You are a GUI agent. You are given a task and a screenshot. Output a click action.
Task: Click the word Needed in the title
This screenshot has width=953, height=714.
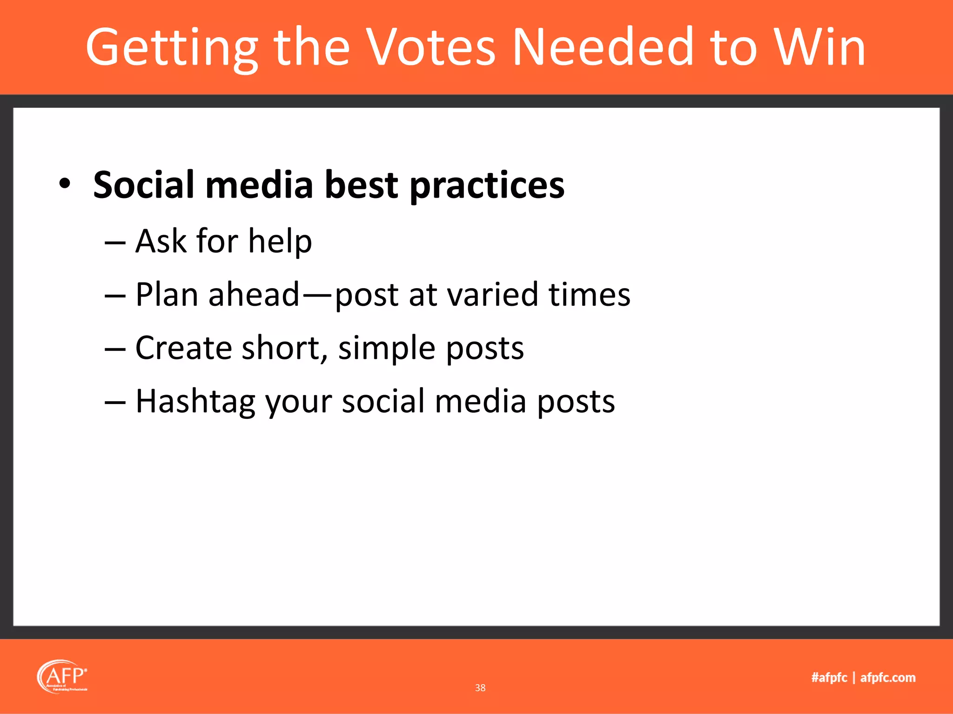click(x=603, y=47)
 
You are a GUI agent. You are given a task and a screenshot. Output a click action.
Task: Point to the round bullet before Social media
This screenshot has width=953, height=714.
click(x=65, y=184)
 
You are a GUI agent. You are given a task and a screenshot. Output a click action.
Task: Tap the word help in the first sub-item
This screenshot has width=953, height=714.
click(x=280, y=242)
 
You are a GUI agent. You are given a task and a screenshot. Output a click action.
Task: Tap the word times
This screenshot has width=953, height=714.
click(x=589, y=295)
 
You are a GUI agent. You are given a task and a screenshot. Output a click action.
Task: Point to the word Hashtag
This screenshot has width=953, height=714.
click(x=195, y=402)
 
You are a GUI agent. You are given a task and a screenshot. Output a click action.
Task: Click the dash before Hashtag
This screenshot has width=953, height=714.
click(x=114, y=402)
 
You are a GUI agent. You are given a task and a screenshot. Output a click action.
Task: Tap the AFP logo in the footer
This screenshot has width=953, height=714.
click(x=62, y=677)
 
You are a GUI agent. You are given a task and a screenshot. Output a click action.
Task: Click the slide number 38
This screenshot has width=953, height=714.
click(x=480, y=688)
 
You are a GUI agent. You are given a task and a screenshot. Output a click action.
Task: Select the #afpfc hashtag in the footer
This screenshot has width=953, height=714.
click(x=829, y=678)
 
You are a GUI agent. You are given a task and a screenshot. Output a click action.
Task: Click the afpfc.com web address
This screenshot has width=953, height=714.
click(x=887, y=678)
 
